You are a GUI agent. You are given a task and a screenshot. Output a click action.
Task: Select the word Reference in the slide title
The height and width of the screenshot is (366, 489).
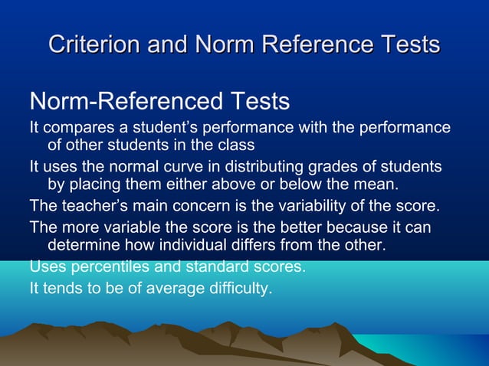317,44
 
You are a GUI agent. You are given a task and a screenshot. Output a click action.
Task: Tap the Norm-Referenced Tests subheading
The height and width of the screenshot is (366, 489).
159,101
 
